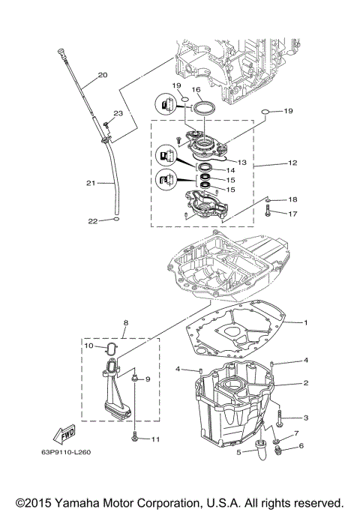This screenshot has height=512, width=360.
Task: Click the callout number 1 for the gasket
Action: [x=306, y=322]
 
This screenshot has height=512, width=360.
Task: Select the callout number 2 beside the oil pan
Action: [x=306, y=382]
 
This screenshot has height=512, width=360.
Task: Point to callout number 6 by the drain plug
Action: [x=302, y=446]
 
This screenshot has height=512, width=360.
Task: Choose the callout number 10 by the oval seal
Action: [x=88, y=346]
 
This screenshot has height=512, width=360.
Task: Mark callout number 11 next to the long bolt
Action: [x=156, y=439]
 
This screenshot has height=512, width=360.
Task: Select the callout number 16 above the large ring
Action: [x=196, y=90]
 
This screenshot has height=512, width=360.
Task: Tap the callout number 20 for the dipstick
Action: [x=103, y=75]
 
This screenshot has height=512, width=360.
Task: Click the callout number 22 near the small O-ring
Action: [x=93, y=220]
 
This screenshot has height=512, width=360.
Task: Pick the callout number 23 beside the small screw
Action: [x=118, y=112]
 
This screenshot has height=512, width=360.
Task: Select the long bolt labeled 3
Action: [x=279, y=414]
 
